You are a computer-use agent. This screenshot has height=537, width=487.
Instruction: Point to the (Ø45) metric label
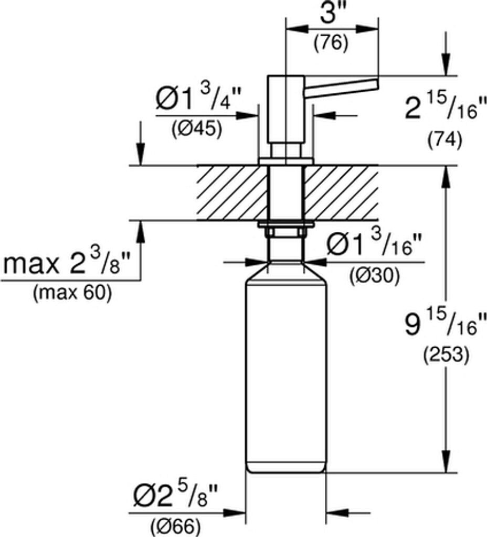pyautogui.click(x=196, y=129)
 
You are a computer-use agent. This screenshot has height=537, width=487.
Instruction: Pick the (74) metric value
pyautogui.click(x=444, y=139)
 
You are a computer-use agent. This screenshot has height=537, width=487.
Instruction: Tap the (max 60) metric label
pyautogui.click(x=72, y=293)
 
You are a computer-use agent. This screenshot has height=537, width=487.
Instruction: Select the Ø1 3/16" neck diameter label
pyautogui.click(x=375, y=244)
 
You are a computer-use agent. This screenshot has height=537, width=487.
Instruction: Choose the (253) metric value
pyautogui.click(x=446, y=356)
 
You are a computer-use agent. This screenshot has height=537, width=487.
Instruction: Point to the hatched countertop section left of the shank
pyautogui.click(x=231, y=193)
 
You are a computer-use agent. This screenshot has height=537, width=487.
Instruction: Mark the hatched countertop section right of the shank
pyautogui.click(x=341, y=193)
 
